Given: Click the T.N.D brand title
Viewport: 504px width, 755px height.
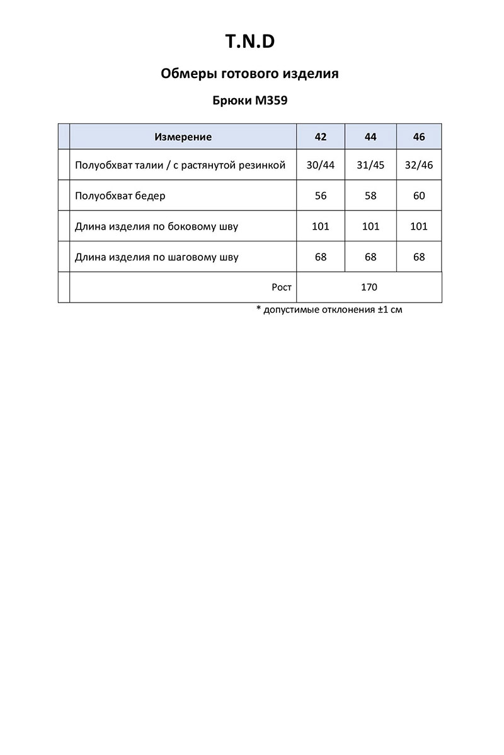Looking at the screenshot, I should click(250, 42).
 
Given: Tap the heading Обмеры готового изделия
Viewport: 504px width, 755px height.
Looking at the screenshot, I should click(250, 74).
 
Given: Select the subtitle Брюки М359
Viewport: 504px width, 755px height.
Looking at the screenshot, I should click(250, 100).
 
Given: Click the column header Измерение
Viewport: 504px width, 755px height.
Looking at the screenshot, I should click(183, 137).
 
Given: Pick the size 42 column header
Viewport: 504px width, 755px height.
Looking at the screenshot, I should click(321, 137).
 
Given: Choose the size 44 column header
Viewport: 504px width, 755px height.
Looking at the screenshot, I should click(370, 137).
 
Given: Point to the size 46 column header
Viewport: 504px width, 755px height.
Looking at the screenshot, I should click(419, 137).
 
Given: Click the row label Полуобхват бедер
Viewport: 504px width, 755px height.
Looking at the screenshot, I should click(120, 196).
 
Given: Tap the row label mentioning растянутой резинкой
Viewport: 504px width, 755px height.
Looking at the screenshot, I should click(180, 165).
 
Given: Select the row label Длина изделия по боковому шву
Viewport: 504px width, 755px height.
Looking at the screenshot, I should click(156, 226).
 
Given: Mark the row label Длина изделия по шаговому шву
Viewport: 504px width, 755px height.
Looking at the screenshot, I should click(156, 257).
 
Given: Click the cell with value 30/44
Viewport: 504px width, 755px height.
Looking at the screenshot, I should click(321, 165).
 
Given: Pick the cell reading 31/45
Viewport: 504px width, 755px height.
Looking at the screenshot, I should click(370, 165).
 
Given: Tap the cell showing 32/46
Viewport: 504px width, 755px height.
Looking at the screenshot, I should click(419, 165).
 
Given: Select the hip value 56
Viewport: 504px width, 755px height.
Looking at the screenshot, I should click(321, 196).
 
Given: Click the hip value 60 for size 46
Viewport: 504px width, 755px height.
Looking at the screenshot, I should click(419, 196).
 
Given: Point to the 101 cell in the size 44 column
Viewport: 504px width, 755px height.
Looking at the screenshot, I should click(370, 226).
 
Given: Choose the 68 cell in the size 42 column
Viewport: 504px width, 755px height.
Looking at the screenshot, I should click(321, 257).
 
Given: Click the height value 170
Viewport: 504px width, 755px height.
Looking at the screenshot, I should click(369, 288).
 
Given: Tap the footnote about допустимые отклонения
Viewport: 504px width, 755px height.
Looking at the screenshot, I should click(329, 310).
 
